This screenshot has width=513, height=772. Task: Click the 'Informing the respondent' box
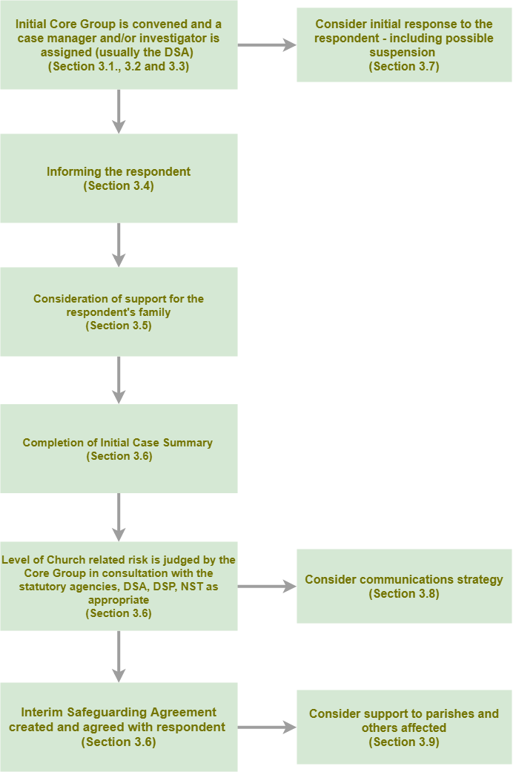pyautogui.click(x=119, y=178)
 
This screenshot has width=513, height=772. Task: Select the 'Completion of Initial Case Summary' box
pyautogui.click(x=119, y=449)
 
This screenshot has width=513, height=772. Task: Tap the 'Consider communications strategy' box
pyautogui.click(x=404, y=586)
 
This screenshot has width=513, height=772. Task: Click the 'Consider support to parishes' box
pyautogui.click(x=404, y=727)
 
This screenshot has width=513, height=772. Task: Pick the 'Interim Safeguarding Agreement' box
pyautogui.click(x=119, y=727)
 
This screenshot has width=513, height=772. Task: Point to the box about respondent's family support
pyautogui.click(x=119, y=311)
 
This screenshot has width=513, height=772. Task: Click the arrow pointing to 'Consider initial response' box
pyautogui.click(x=267, y=45)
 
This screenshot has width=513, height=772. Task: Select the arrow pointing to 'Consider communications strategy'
pyautogui.click(x=267, y=587)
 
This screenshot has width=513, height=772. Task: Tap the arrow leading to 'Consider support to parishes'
pyautogui.click(x=267, y=728)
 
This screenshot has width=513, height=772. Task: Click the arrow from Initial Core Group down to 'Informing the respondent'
pyautogui.click(x=119, y=111)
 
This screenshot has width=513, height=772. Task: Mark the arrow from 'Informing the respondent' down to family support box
pyautogui.click(x=119, y=245)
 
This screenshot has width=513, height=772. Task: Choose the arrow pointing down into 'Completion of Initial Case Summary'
pyautogui.click(x=119, y=380)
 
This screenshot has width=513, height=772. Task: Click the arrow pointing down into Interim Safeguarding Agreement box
pyautogui.click(x=119, y=656)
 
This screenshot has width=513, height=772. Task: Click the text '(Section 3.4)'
pyautogui.click(x=119, y=186)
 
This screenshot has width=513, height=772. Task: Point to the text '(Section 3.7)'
pyautogui.click(x=404, y=67)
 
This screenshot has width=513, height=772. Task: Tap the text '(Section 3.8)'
pyautogui.click(x=404, y=594)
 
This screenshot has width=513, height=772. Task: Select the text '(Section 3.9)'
pyautogui.click(x=404, y=742)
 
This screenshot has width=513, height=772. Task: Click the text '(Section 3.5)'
pyautogui.click(x=119, y=326)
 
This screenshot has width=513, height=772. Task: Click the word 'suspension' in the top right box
pyautogui.click(x=403, y=53)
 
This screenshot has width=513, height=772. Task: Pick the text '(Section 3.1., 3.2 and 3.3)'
pyautogui.click(x=119, y=67)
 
